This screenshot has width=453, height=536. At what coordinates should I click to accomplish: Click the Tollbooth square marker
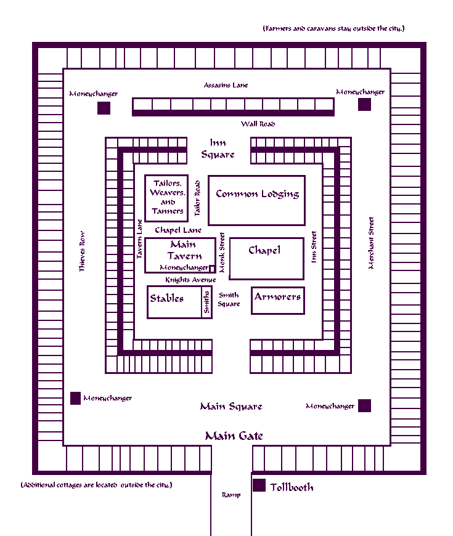pos(259,485)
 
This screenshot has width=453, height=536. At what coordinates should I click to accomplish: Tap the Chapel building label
pos(264,250)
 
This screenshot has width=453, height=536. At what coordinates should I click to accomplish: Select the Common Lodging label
pos(257,194)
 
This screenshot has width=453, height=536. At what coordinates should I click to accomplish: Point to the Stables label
pos(167,298)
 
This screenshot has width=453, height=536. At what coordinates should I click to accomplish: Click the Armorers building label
pos(277,297)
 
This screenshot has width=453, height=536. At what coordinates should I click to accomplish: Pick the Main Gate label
pos(234,436)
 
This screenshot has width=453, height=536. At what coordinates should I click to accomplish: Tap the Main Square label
pos(231,406)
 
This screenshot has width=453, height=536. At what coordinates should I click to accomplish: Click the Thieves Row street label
pos(82,251)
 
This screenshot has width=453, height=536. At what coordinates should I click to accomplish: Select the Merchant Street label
pos(371,243)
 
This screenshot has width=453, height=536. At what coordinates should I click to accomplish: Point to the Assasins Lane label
pos(226,85)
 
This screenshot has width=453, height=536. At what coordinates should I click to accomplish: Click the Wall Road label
pos(258,124)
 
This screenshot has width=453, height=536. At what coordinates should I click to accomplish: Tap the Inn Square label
pos(218,148)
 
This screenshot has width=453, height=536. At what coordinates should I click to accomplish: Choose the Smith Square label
pos(229,299)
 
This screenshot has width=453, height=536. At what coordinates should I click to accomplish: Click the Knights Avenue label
pos(190,280)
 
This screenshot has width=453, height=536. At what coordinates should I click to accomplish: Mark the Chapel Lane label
pos(178,230)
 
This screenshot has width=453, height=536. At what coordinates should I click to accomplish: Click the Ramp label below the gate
pos(231,495)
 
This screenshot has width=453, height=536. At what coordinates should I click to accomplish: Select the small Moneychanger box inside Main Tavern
pos(212,269)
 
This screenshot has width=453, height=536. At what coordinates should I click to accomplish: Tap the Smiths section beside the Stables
pos(206,302)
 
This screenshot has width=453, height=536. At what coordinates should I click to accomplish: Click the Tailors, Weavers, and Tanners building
pos(166,198)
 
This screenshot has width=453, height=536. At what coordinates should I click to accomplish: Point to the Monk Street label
pos(222,252)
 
